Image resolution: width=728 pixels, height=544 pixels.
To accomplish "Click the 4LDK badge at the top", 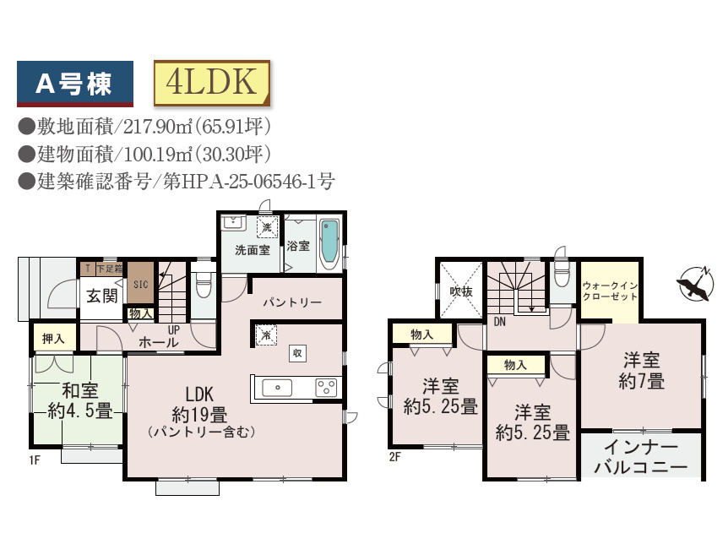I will coord(211,81).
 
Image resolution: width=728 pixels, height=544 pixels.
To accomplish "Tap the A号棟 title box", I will coord(75,83).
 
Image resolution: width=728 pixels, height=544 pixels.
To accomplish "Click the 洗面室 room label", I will coord(252,250).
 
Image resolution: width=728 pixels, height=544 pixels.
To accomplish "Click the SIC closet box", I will coord(141,284).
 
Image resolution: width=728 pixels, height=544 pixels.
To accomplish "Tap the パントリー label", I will coord(291,302).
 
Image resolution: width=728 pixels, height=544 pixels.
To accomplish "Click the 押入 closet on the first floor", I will coord(54,338).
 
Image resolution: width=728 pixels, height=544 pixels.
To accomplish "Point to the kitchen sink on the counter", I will coord(278,387).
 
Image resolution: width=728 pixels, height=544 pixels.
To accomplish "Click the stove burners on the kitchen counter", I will coord(325,387).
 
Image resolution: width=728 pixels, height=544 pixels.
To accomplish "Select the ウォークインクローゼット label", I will coord(609,291).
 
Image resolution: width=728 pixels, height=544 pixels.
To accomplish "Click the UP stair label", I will coord(173,329).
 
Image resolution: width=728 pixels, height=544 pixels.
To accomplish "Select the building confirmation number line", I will coord(177,181).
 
